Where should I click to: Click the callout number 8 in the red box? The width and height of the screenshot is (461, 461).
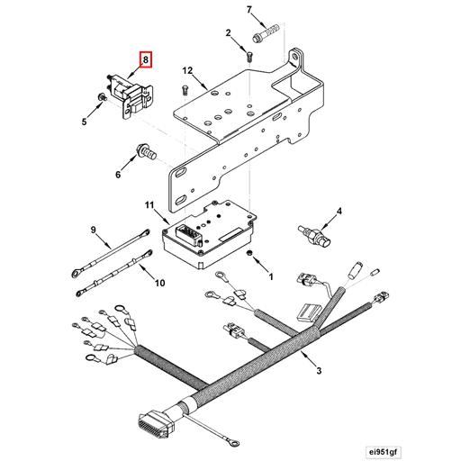[x=146, y=61]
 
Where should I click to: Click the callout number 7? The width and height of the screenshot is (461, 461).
[x=249, y=10]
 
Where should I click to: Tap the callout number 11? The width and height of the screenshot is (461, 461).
[x=150, y=206]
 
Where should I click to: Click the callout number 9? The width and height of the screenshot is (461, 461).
[x=92, y=230]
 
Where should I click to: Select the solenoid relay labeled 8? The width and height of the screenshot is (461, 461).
[x=126, y=94]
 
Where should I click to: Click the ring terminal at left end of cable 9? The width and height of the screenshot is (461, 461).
[x=72, y=268]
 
